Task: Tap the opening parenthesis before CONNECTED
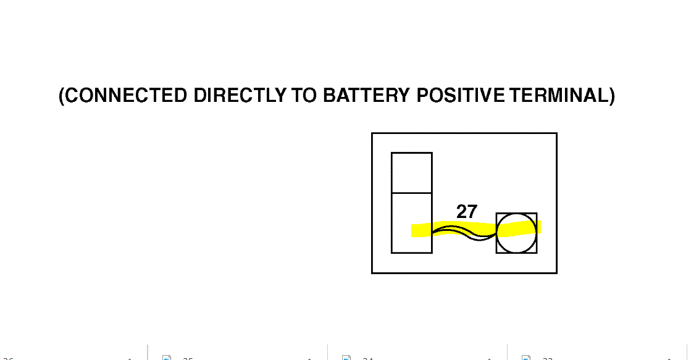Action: click(x=62, y=96)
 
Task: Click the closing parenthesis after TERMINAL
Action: click(x=611, y=96)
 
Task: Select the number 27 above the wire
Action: click(x=467, y=212)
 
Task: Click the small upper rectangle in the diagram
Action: click(x=411, y=172)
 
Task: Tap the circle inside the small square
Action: click(x=516, y=233)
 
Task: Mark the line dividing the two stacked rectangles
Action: click(x=411, y=193)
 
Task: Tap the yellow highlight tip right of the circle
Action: click(x=538, y=226)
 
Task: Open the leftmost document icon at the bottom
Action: click(x=166, y=358)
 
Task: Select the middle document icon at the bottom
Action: click(x=346, y=358)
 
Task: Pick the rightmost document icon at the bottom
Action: click(x=526, y=358)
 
